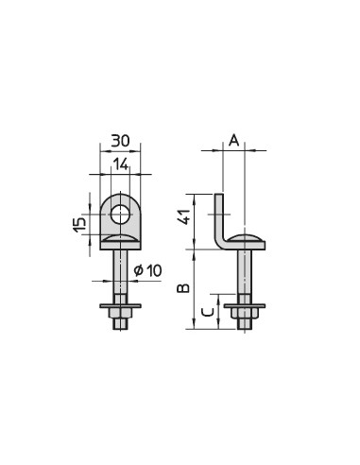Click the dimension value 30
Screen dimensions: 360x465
coord(120,141)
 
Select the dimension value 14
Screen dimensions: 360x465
coord(121,164)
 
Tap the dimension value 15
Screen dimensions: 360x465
coord(79,225)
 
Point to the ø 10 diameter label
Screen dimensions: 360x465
coord(147,270)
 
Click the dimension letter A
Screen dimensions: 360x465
coord(233,141)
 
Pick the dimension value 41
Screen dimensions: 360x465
coord(184,217)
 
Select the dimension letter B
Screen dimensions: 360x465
coord(183,288)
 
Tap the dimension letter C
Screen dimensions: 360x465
coord(208,312)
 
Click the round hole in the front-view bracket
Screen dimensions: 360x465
coord(120,215)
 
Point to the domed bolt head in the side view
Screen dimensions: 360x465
coord(246,238)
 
